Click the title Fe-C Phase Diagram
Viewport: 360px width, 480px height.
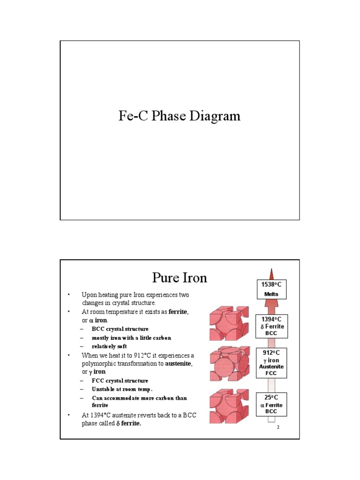[180, 116]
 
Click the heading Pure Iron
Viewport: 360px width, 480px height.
[180, 277]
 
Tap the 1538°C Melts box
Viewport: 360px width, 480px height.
[270, 289]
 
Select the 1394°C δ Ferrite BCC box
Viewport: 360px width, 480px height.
[272, 326]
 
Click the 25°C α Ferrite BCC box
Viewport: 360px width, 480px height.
[272, 404]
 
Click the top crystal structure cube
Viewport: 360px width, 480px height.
[229, 323]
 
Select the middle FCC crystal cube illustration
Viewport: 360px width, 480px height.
[229, 365]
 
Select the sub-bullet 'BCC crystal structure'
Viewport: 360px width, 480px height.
[120, 329]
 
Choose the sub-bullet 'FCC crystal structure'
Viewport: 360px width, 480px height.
[120, 381]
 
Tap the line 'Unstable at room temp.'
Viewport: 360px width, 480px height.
[122, 389]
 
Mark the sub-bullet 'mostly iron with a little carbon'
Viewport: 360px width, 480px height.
[131, 337]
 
